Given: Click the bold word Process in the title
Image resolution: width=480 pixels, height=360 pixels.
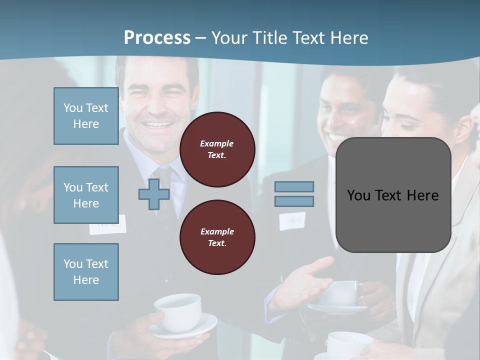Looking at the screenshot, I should pos(157,38).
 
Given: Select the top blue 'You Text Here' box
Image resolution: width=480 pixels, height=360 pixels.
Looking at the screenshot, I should pos(86,116).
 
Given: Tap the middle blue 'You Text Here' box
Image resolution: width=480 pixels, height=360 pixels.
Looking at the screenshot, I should pos(86,195).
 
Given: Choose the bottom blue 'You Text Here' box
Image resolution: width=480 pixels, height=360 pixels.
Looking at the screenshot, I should pos(86,272).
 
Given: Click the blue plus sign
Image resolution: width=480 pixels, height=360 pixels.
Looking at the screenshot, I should pos(154,194).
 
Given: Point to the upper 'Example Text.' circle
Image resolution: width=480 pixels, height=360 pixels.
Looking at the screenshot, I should pos(217,149).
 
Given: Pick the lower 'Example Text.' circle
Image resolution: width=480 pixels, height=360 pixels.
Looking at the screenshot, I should pos(217,237).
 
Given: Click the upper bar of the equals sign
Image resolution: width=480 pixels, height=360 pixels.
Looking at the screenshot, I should pos(294,187).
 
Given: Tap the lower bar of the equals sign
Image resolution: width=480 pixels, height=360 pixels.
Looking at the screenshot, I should pos(294,201).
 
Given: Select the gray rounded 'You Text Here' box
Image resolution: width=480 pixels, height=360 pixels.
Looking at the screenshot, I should pos(393,195).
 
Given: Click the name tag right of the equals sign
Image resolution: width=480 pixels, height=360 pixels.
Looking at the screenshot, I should pos(292,220).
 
